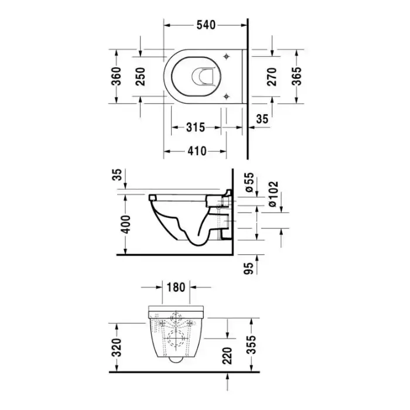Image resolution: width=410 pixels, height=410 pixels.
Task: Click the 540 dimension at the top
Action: (x=206, y=25)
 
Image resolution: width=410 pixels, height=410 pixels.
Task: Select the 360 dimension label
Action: (x=117, y=76)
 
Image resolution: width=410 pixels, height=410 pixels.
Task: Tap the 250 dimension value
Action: (x=141, y=77)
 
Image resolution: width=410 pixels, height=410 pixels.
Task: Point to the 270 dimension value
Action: (x=272, y=77)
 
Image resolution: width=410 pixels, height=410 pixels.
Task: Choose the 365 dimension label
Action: (x=296, y=76)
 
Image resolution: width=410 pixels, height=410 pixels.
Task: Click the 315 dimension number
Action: (x=196, y=128)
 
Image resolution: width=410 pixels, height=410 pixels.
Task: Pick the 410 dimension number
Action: (x=197, y=151)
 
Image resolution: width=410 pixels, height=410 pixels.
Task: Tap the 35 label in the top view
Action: (x=262, y=119)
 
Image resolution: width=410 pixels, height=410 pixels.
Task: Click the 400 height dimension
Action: (x=126, y=224)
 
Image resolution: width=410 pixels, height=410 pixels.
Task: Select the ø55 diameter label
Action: (x=250, y=182)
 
